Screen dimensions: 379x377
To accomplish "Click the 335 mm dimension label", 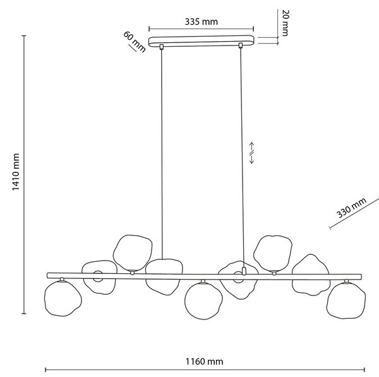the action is [202, 22].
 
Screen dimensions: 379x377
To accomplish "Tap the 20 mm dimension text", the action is [286, 23].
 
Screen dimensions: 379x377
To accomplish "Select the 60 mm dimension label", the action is [135, 42].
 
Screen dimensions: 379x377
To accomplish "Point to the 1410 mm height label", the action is [16, 172].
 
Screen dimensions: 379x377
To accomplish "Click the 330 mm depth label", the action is [351, 207].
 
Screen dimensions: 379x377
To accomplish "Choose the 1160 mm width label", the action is [204, 362].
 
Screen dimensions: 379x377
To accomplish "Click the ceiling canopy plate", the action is [202, 41].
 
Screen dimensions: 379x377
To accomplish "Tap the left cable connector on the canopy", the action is [162, 46].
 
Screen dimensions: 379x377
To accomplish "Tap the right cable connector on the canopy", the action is [241, 46].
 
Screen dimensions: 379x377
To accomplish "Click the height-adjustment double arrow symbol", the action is [251, 153].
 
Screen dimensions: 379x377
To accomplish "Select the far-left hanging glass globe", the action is [63, 299].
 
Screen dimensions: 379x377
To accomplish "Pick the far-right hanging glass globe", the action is [346, 300].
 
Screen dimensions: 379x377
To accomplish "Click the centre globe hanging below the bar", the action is [203, 300].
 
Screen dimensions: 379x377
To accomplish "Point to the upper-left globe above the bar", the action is [133, 253].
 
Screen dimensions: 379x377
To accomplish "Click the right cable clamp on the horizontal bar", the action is [244, 271].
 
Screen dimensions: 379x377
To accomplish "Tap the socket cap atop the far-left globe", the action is [62, 280].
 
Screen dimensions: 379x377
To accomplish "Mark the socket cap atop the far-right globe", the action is [347, 281].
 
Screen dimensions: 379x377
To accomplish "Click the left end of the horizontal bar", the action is [47, 275].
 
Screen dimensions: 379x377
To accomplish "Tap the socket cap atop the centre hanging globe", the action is [203, 281].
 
